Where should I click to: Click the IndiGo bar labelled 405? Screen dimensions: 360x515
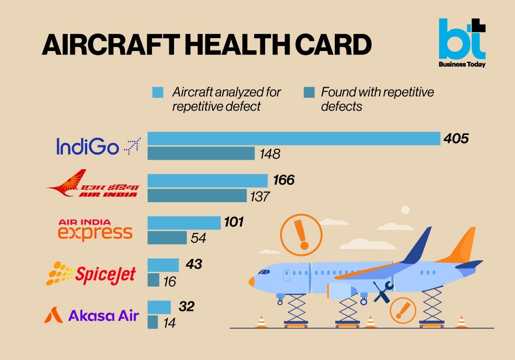(x=293, y=138)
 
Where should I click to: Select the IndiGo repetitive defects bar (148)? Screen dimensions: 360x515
(x=201, y=154)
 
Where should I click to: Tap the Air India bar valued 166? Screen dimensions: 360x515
(x=207, y=181)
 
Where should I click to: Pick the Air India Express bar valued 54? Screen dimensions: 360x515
(x=167, y=237)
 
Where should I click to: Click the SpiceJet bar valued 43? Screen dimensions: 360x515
(x=163, y=265)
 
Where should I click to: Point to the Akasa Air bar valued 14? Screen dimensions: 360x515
(x=153, y=322)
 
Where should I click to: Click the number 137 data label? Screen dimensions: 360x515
(x=260, y=196)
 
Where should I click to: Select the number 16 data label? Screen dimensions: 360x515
(x=169, y=281)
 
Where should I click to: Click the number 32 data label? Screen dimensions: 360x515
(x=186, y=307)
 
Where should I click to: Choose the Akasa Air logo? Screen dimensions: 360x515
(x=92, y=315)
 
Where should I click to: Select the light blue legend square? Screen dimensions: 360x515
(x=158, y=93)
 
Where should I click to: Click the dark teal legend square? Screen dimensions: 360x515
(x=309, y=93)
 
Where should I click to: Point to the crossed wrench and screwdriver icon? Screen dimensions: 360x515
(x=382, y=292)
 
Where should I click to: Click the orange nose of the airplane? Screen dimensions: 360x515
(x=252, y=281)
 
